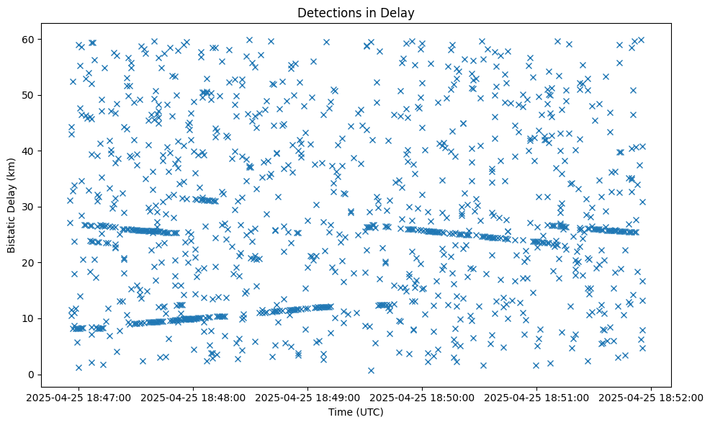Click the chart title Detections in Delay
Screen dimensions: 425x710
tap(356, 12)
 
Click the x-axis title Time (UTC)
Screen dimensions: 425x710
tap(356, 412)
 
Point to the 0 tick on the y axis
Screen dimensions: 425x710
tap(50, 374)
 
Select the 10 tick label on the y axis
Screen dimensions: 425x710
tap(47, 318)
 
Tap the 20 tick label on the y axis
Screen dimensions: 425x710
tap(47, 262)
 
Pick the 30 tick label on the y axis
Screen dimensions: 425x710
tap(47, 207)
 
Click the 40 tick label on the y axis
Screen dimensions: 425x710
tap(47, 151)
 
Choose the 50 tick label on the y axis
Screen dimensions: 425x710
tap(47, 95)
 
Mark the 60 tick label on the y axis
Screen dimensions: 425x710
tap(47, 39)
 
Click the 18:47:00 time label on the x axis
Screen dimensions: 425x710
tap(79, 397)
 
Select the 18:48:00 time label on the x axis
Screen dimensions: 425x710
tap(194, 397)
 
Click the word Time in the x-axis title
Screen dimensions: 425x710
tap(340, 412)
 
